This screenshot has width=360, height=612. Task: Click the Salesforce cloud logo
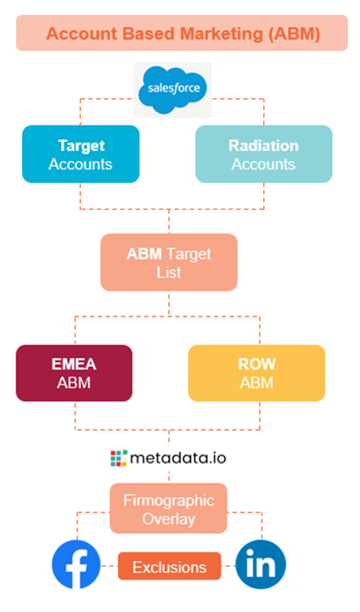[172, 90]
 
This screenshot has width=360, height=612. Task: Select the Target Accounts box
[81, 154]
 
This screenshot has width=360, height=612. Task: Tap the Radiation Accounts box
[264, 154]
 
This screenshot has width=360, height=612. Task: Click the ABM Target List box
[169, 262]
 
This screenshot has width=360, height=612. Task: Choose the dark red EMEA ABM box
[74, 374]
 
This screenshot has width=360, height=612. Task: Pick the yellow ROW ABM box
[256, 374]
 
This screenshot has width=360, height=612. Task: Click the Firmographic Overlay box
[169, 509]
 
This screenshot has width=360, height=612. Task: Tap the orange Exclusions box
[169, 567]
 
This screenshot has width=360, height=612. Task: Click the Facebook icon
[76, 565]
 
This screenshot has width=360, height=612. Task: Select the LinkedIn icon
[260, 565]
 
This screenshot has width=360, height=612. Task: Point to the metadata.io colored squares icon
[119, 458]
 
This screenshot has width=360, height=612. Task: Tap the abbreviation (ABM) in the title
[294, 34]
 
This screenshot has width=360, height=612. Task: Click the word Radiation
[264, 146]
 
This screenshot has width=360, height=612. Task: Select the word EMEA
[74, 364]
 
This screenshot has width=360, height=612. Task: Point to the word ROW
[257, 364]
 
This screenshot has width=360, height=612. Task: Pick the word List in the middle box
[169, 272]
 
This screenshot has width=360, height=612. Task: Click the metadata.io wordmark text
[178, 458]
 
